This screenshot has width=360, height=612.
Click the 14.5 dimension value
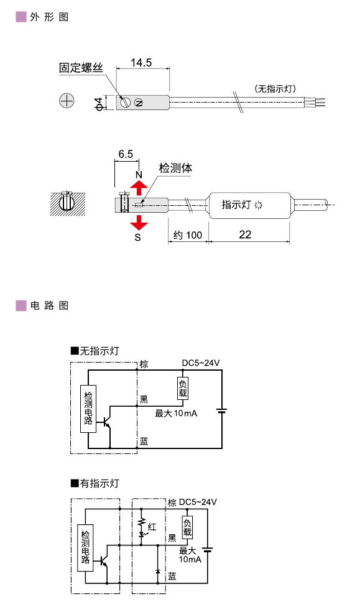point(142,63)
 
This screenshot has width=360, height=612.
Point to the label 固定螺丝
point(80,68)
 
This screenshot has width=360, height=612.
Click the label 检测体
point(176,168)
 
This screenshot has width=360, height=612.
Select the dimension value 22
point(245,234)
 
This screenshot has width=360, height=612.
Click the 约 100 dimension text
point(187,235)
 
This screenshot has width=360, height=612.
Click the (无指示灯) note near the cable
point(274,88)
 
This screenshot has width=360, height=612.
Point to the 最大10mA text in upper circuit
point(175,413)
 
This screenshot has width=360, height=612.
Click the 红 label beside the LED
point(152,527)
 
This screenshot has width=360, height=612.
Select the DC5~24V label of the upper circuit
point(200,363)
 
